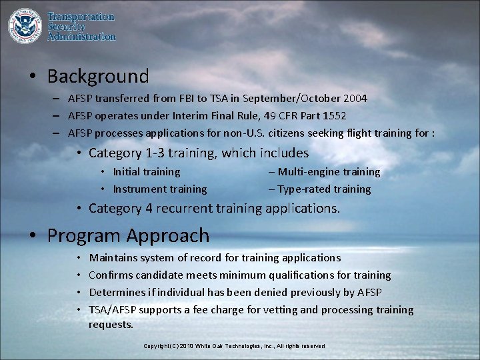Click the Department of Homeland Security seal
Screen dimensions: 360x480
pos(24,25)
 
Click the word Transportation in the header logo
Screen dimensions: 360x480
pos(81,17)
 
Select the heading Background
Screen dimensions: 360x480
pos(98,77)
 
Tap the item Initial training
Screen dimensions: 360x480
pos(146,172)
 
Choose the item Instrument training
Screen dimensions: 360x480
pos(159,189)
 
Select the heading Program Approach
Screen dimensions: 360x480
pos(128,235)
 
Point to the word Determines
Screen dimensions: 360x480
pos(115,292)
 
